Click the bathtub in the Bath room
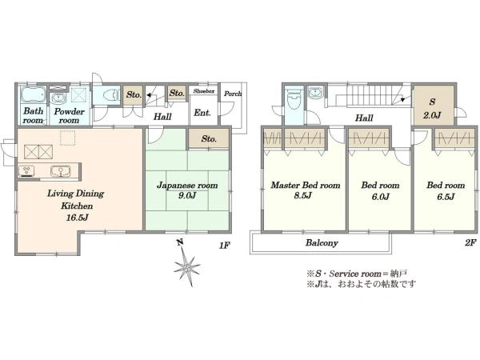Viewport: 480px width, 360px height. pos(33,94)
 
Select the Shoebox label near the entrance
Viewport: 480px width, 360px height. pos(204,91)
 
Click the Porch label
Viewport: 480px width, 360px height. pos(233,94)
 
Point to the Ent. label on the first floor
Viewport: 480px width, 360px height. pos(202,113)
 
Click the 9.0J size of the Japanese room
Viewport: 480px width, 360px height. pos(187,195)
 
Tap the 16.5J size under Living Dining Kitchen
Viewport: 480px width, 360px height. pos(78,218)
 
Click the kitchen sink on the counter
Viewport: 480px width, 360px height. pos(61,171)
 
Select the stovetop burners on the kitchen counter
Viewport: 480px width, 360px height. pos(26,170)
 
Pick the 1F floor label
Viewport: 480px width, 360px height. pos(224,246)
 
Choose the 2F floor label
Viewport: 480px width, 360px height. pos(470,243)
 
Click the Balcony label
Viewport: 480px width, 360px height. pos(322,243)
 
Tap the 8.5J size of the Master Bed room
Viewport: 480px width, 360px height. pos(302,195)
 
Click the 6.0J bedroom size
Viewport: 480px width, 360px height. pos(381,197)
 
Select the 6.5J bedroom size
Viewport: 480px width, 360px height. pos(446,196)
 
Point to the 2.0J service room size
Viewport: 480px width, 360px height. pos(432,115)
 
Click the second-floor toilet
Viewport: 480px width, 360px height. pos(294,98)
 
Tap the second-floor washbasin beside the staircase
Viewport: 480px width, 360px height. pos(315,92)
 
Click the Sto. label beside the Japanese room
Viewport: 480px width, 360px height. pos(209,139)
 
